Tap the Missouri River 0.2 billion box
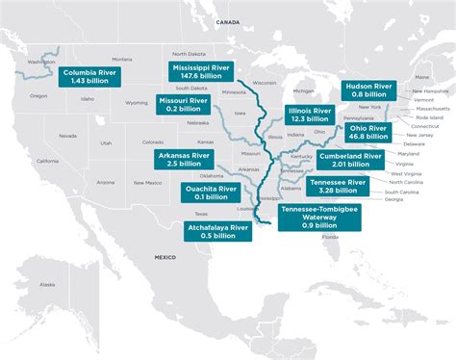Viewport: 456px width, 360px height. coord(182,104)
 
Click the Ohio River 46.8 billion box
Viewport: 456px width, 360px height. coord(367,132)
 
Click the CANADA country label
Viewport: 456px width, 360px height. coord(228,21)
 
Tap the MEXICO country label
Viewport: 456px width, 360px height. coord(152,258)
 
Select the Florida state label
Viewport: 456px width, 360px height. coord(331,236)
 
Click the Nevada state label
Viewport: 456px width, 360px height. coord(66,136)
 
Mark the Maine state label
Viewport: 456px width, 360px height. coord(421,77)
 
